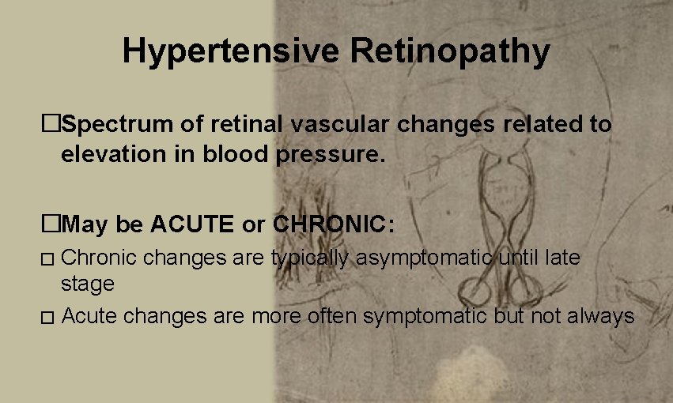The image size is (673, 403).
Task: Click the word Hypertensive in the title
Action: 232,52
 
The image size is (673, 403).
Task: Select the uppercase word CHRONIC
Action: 333,224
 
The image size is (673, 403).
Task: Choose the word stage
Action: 87,283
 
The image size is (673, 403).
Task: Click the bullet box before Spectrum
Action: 51,125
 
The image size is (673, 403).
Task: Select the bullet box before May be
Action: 51,224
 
